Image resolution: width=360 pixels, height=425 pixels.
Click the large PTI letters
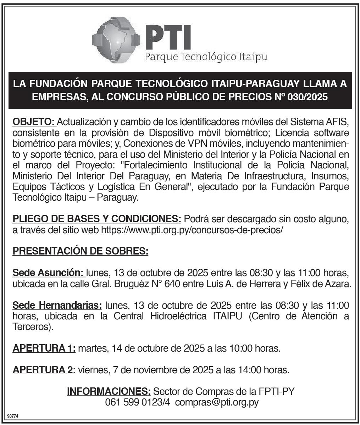pos(168,38)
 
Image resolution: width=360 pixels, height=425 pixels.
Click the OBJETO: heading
pos(34,122)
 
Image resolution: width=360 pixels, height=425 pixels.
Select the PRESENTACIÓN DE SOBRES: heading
pos(80,251)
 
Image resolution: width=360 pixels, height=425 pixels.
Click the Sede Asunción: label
pos(48,273)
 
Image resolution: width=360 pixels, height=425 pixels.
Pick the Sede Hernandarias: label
pos(57,305)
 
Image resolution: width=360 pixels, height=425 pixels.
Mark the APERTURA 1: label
pos(44,348)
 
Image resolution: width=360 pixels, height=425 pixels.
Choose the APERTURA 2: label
pos(44,370)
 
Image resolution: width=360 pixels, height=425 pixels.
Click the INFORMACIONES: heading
pos(109,391)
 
